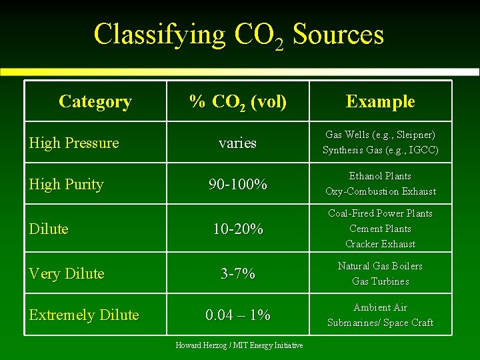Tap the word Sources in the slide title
pyautogui.click(x=338, y=34)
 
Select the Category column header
pyautogui.click(x=95, y=101)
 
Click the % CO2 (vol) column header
pyautogui.click(x=238, y=101)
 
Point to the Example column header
pyautogui.click(x=380, y=101)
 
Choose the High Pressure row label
pyautogui.click(x=74, y=143)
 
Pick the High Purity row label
pyautogui.click(x=66, y=184)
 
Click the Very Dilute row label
pyautogui.click(x=67, y=273)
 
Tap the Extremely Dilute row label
pyautogui.click(x=84, y=315)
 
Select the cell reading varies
pyautogui.click(x=238, y=143)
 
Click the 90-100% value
pyautogui.click(x=238, y=184)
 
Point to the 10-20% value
pyautogui.click(x=238, y=229)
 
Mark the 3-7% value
pyautogui.click(x=238, y=273)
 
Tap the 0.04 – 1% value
pyautogui.click(x=238, y=315)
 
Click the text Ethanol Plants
pyautogui.click(x=380, y=176)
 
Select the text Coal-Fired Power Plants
pyautogui.click(x=380, y=213)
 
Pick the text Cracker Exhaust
pyautogui.click(x=380, y=244)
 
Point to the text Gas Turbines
pyautogui.click(x=380, y=281)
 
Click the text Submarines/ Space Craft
pyautogui.click(x=380, y=323)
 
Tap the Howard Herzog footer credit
pyautogui.click(x=239, y=345)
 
